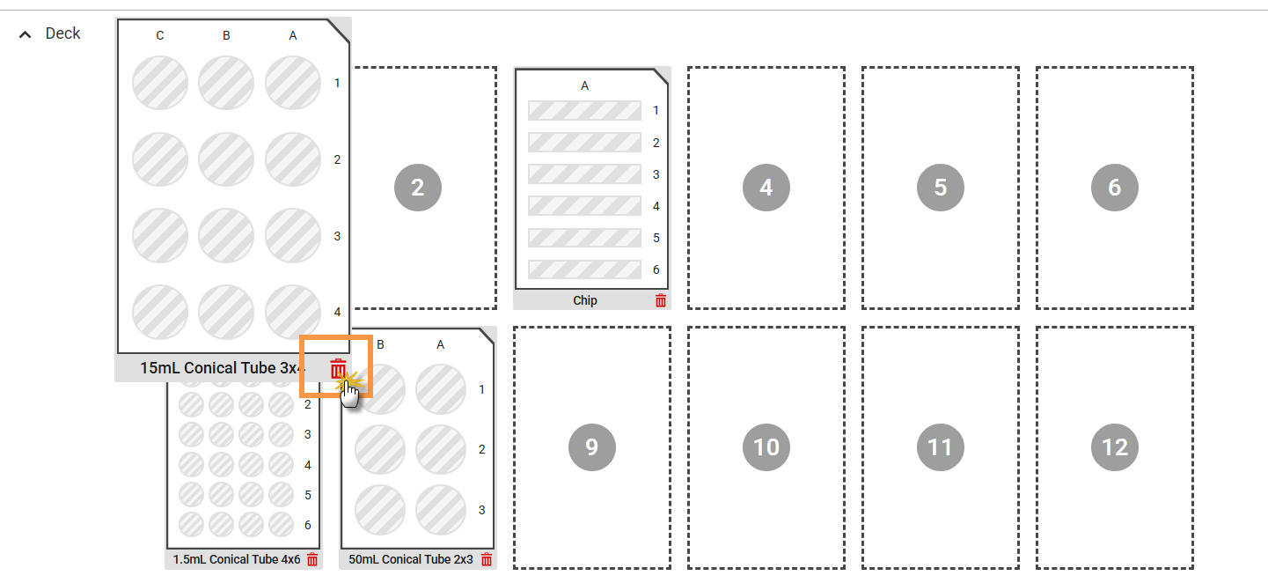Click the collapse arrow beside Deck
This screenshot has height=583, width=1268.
pos(25,34)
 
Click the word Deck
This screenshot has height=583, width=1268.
pos(62,33)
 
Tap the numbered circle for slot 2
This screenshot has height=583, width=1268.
pos(418,188)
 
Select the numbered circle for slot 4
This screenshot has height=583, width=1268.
pos(766,188)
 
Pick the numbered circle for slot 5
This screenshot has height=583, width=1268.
pos(941,188)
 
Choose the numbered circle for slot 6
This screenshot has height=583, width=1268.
pos(1115,188)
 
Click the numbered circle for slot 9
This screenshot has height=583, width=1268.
pos(592,447)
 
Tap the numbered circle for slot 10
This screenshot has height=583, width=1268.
pos(766,447)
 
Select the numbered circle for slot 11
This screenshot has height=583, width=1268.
pos(941,447)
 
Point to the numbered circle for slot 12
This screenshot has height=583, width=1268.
pos(1115,447)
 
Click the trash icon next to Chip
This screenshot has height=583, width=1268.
pos(661,300)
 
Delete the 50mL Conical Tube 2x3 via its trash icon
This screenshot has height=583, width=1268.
pos(487,560)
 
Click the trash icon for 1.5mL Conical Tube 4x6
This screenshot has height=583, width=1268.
pos(312,560)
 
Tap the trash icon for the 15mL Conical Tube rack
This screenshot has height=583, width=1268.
pos(338,368)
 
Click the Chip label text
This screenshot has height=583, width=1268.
pos(585,300)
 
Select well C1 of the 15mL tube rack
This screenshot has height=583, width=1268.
pos(160,83)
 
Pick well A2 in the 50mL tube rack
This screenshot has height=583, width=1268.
pos(440,449)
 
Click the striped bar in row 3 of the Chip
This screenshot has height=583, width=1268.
pos(584,174)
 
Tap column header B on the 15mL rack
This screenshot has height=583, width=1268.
pos(226,36)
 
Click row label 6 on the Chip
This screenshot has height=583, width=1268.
pos(656,269)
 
